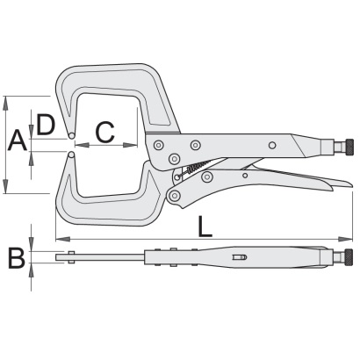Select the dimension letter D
(x=46, y=125)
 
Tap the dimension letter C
(x=105, y=133)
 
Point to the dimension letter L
(x=205, y=227)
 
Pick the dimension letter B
(x=17, y=258)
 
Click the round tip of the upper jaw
(x=71, y=135)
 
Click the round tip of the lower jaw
(x=71, y=155)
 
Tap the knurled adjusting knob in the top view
(x=349, y=146)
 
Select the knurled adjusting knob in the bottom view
(x=349, y=256)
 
